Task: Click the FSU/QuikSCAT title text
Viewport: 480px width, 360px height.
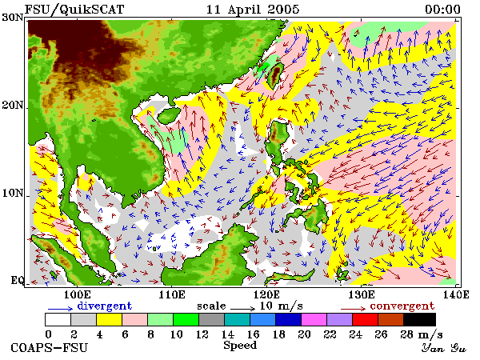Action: point(74,9)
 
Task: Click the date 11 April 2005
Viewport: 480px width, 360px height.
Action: point(253,9)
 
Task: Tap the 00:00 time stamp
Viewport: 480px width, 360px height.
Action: point(442,9)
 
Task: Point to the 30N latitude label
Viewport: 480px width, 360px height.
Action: point(13,18)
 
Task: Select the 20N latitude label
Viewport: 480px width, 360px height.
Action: point(13,106)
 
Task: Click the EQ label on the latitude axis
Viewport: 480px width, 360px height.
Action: point(17,280)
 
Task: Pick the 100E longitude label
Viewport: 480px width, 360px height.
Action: point(78,294)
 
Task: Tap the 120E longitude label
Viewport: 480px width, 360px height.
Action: point(266,294)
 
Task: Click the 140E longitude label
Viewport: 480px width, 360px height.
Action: point(456,294)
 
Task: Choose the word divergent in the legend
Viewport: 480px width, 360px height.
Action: point(104,306)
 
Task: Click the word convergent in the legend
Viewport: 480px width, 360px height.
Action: point(402,306)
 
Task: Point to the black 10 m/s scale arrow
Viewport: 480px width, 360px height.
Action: point(242,308)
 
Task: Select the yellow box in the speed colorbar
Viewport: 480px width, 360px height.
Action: point(110,319)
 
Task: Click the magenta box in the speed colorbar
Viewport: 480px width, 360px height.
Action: point(314,319)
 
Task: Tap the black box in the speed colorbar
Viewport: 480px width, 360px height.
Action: point(420,319)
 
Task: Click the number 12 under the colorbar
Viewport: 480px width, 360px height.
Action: point(202,334)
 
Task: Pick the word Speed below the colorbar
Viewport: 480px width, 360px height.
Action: point(240,346)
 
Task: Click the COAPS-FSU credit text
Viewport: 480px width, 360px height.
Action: point(50,348)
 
